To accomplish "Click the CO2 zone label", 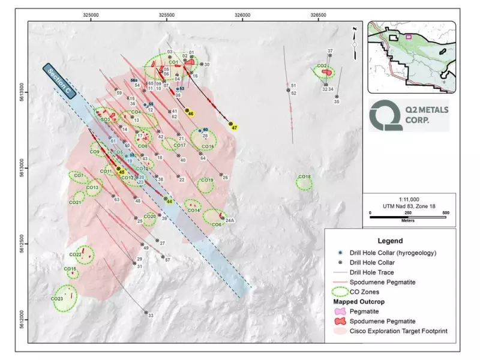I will click(322, 67).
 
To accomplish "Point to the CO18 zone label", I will click(304, 177).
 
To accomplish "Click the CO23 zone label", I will click(58, 299).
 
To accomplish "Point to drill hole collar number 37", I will click(329, 52).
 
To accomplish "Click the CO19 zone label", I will click(206, 180).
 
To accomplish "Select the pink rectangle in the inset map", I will click(409, 37).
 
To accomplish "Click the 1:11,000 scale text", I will click(408, 199).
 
